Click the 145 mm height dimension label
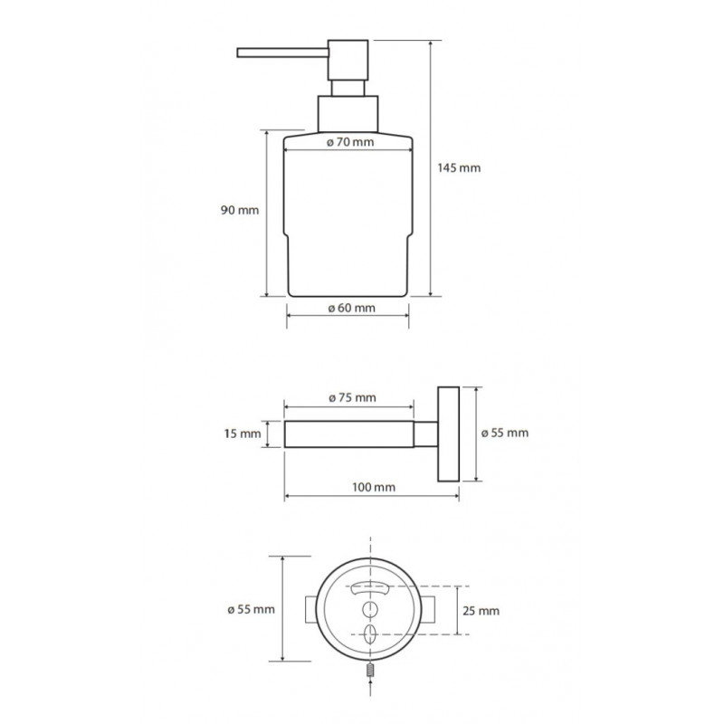(x=459, y=168)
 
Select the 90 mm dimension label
(x=240, y=211)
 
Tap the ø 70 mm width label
(x=350, y=142)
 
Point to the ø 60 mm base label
(x=352, y=308)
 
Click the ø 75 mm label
(x=353, y=397)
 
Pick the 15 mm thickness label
(x=243, y=434)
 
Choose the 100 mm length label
(x=374, y=487)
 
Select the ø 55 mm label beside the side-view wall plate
(x=505, y=433)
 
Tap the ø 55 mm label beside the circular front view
(x=252, y=609)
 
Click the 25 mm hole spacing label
(x=481, y=612)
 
